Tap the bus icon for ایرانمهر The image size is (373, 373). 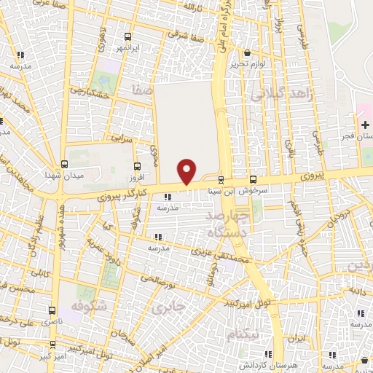click(x=128, y=36)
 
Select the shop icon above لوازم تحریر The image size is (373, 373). click(x=248, y=53)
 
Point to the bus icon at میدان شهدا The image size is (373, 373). click(x=64, y=165)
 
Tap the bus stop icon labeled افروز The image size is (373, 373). click(x=137, y=167)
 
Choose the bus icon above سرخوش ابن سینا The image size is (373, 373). click(x=253, y=179)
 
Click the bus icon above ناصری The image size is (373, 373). click(x=52, y=310)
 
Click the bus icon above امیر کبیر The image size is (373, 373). click(x=52, y=345)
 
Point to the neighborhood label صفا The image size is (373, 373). click(x=141, y=90)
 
